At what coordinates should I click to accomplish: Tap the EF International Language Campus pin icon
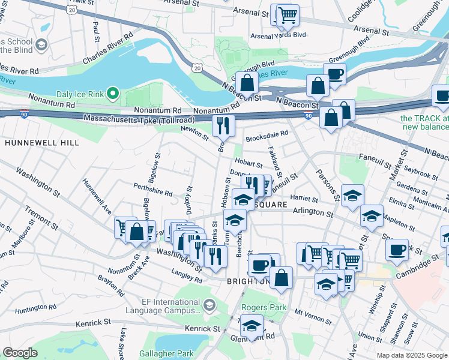click(208, 305)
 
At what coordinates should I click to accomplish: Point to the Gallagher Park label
click(184, 354)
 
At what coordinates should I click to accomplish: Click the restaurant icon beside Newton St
click(221, 125)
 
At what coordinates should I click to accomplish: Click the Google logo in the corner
click(20, 353)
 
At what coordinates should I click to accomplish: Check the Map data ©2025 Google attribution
click(411, 355)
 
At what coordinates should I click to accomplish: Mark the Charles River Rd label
click(108, 44)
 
